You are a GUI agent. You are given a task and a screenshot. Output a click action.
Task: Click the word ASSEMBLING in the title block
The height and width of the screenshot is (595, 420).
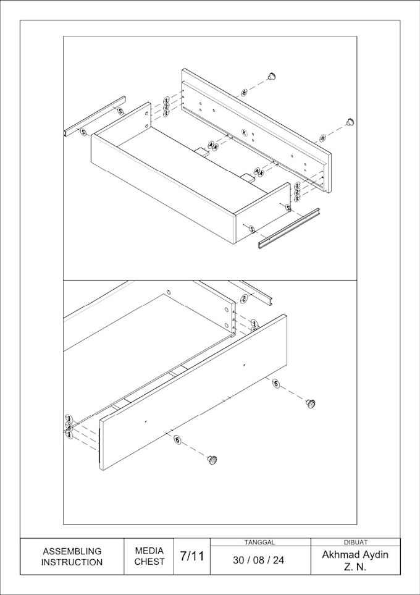coord(72,551)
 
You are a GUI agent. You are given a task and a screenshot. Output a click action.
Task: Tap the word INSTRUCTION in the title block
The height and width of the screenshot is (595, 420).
coord(72,562)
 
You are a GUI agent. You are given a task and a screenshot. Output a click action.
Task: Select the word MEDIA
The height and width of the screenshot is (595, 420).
coord(149,551)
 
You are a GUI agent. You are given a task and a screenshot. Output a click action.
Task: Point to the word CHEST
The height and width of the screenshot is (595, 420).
coord(149,562)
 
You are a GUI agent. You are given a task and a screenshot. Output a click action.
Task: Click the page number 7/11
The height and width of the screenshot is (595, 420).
coord(191,556)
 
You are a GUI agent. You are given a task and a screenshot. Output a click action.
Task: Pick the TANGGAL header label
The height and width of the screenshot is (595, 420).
coord(259,542)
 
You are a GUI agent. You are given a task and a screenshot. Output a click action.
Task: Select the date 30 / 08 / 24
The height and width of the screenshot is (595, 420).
coord(259,560)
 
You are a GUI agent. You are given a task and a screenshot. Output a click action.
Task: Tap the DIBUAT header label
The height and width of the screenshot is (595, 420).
coord(355,542)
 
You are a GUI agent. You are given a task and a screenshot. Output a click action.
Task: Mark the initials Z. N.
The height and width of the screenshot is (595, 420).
coord(355,567)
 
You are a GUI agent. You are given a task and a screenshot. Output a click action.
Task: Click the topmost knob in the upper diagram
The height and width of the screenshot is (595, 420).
coord(271,76)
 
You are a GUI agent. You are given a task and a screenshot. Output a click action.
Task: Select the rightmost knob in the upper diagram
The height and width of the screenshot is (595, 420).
coord(350,120)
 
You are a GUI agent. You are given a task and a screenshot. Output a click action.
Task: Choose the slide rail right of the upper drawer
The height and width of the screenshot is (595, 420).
coord(289,229)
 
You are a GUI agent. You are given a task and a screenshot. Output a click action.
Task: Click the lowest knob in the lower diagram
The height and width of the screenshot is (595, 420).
coord(212,460)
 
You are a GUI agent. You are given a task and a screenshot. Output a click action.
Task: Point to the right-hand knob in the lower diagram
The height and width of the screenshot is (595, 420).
coord(311,403)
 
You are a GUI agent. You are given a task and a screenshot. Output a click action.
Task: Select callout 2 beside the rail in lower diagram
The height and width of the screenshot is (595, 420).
coord(244,299)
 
